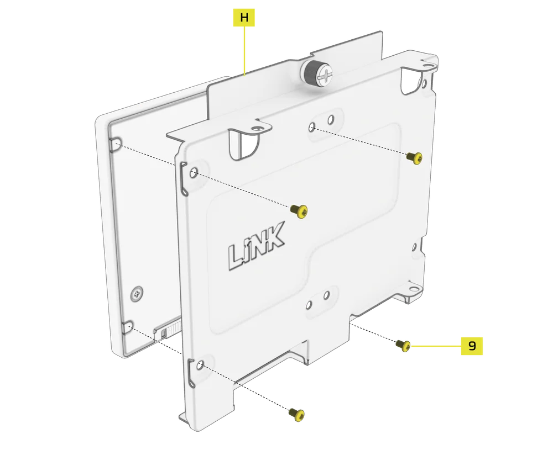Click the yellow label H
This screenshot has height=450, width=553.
(244, 17)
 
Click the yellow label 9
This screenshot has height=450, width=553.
(472, 346)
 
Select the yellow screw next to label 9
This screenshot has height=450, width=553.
(403, 345)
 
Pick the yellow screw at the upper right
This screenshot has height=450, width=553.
(414, 158)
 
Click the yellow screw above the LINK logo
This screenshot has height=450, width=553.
(299, 211)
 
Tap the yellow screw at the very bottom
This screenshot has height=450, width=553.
(296, 414)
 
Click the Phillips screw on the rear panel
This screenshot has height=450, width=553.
(137, 293)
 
